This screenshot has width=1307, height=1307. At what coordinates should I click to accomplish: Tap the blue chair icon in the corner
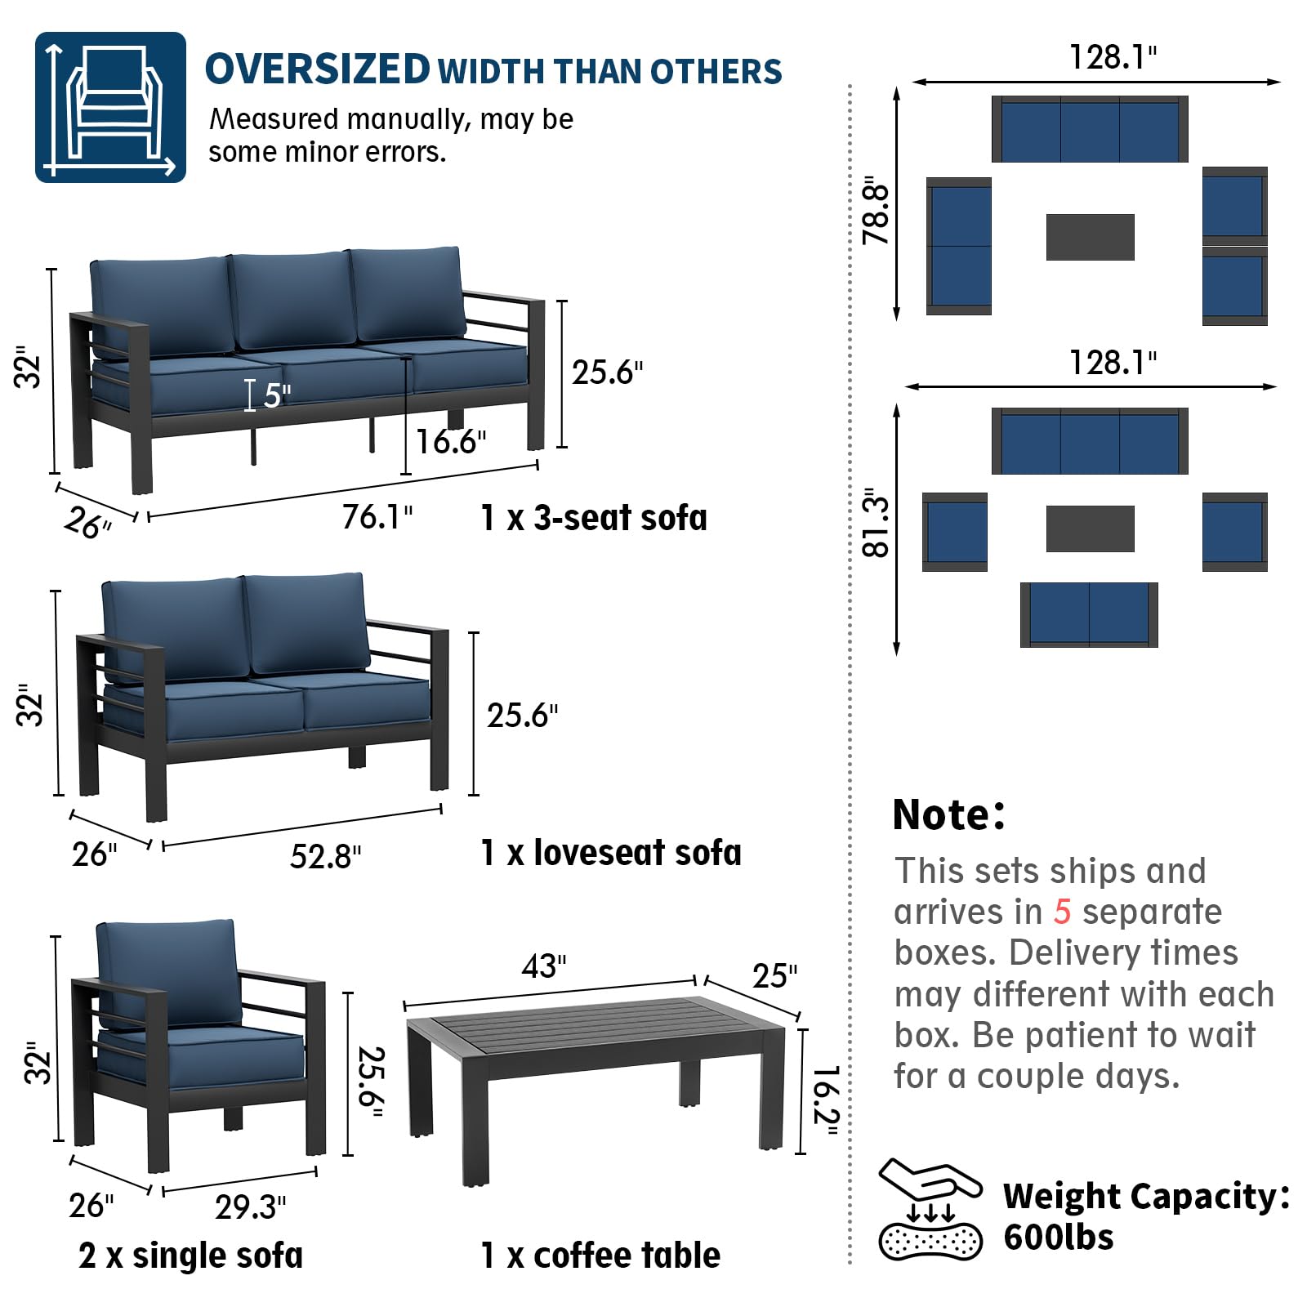point(110,107)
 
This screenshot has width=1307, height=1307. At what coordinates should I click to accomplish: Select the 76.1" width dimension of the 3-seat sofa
point(377,517)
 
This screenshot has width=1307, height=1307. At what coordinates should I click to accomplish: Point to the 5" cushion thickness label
point(276,395)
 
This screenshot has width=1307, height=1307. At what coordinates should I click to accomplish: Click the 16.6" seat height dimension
point(451,442)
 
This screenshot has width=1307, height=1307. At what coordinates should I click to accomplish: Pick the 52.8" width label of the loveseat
point(325,857)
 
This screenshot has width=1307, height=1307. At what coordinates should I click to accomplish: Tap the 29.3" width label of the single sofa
point(250,1207)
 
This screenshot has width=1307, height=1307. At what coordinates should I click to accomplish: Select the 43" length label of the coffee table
point(543,966)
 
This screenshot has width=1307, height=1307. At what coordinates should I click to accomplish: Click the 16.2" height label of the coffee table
point(826,1100)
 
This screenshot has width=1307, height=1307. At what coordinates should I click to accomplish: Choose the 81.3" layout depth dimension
point(875,523)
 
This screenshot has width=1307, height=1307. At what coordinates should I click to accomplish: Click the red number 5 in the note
point(1061,912)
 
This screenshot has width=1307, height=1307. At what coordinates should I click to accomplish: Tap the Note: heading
point(948,814)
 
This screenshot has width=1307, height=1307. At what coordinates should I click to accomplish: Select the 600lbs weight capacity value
point(1058,1238)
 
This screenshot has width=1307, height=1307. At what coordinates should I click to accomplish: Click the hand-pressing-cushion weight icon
point(930,1208)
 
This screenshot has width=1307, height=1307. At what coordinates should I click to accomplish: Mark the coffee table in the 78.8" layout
point(1090,237)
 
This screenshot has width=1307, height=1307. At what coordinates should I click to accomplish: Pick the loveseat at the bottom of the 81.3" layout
point(1089,614)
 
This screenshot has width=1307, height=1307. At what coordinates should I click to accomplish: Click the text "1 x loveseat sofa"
point(610,853)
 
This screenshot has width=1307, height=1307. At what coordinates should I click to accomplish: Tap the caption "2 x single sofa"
point(190,1256)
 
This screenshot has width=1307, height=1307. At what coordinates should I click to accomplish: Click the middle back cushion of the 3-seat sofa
point(292,298)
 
